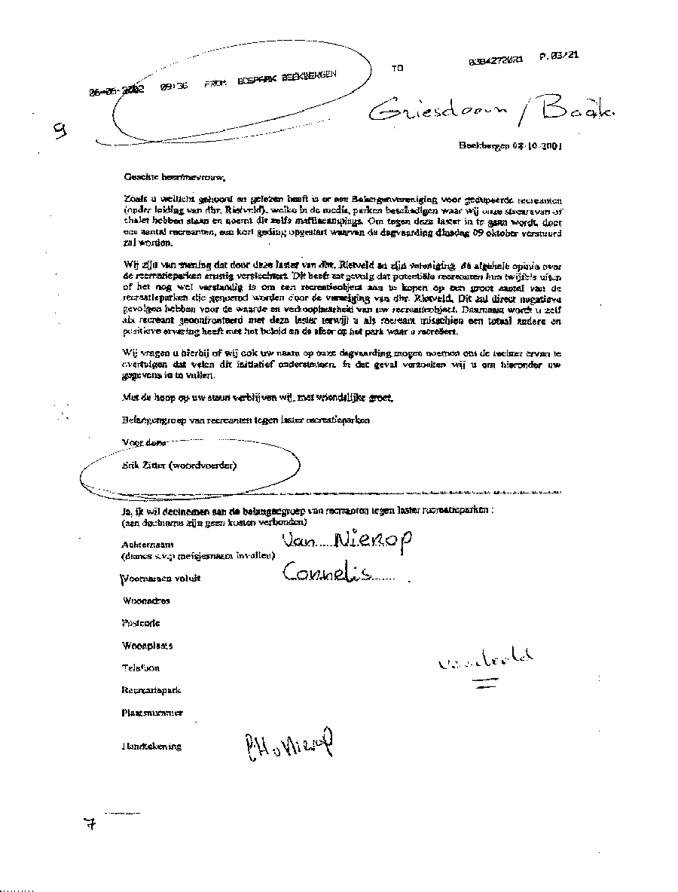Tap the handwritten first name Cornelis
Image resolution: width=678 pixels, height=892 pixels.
[326, 574]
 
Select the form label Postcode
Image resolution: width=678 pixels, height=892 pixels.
[140, 624]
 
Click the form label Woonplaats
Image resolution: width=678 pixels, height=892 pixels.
[147, 646]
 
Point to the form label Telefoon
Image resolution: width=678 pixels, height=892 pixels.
[141, 668]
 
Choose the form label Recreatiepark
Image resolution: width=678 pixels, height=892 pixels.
[151, 690]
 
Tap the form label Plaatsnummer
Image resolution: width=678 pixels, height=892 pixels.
[152, 713]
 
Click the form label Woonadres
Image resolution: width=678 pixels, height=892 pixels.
[145, 601]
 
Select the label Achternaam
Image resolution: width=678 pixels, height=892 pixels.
[147, 544]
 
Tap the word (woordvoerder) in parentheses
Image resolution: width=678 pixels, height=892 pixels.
[203, 465]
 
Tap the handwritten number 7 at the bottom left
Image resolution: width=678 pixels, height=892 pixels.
[91, 824]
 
